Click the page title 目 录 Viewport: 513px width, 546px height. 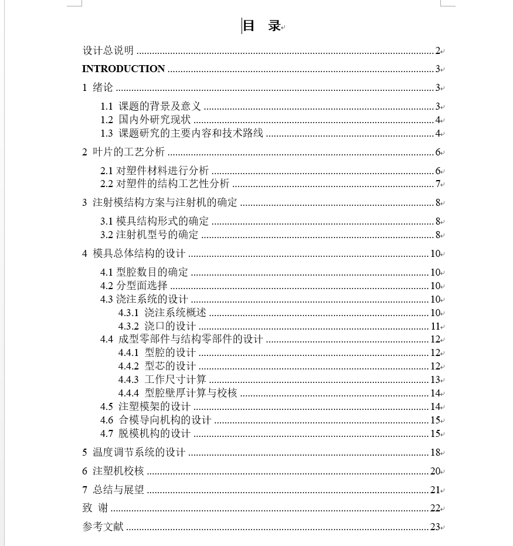tap(261, 26)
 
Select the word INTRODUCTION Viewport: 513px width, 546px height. tap(124, 69)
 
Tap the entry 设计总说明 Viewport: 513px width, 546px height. tap(108, 51)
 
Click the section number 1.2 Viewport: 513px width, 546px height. tap(106, 120)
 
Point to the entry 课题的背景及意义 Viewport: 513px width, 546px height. tap(159, 107)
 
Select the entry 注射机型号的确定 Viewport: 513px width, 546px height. tap(157, 235)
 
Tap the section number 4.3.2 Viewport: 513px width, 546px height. tap(128, 326)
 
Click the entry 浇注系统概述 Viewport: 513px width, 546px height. tap(175, 313)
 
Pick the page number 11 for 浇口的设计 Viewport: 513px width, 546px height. tap(435, 327)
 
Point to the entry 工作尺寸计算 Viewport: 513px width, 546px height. tap(175, 380)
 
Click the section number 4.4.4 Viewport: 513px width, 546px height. tap(128, 394)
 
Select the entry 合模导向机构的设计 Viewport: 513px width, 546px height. tap(165, 420)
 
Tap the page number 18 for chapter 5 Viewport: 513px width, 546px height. tap(435, 453)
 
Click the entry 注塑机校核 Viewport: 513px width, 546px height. tap(118, 472)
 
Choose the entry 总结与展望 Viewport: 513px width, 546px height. tap(118, 490)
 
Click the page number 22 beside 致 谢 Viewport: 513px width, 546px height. tap(435, 508)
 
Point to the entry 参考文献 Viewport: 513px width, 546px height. tap(103, 527)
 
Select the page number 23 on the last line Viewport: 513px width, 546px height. tap(435, 527)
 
